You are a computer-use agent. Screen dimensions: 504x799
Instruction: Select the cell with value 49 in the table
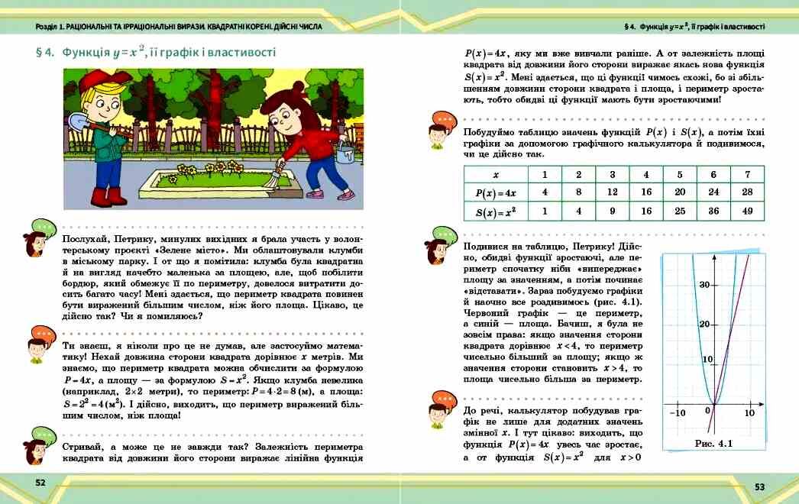[747, 212]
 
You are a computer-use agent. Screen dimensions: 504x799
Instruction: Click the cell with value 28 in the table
[747, 192]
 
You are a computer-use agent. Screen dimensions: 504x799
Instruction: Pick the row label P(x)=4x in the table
[496, 192]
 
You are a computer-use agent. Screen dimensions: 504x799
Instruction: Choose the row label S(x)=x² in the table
[496, 212]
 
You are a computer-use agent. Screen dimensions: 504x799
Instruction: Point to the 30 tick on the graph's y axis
[704, 285]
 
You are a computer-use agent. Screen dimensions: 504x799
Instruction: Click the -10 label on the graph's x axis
[677, 412]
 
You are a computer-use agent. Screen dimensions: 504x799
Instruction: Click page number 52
[40, 483]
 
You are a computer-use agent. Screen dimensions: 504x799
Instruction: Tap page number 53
[759, 486]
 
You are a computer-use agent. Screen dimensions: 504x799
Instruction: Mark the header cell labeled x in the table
[496, 174]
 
